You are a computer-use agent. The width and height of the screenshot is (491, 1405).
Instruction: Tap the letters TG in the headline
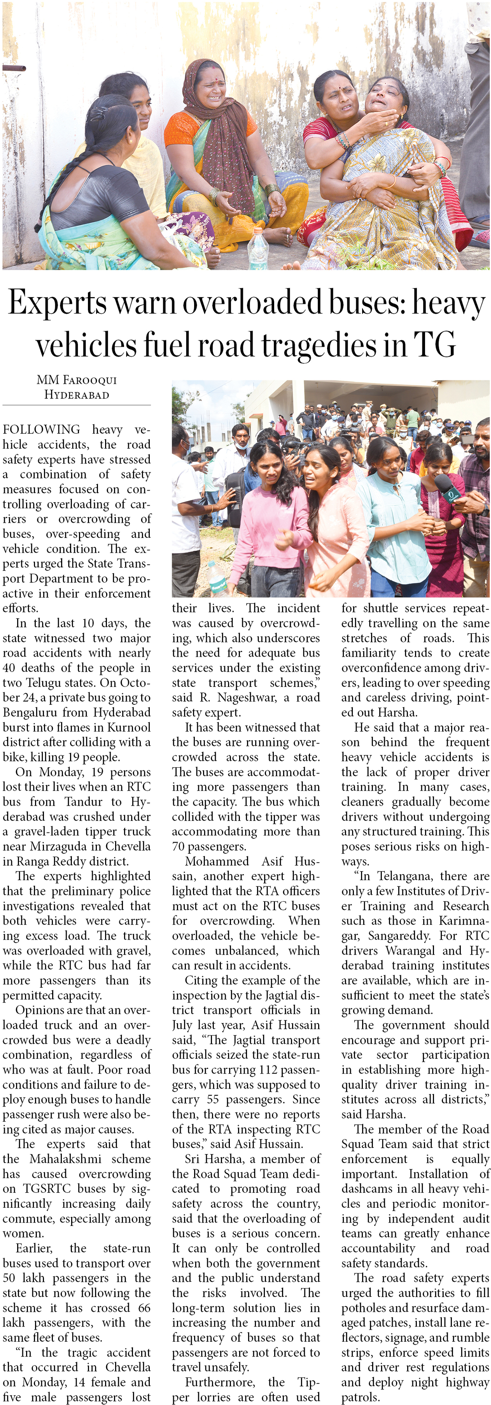coord(434,345)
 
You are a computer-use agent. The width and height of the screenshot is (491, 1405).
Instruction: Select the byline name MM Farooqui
coord(76,380)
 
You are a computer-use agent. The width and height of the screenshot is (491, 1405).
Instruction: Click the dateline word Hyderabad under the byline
coord(76,394)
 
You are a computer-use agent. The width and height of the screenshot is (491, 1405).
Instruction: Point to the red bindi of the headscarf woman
coord(215,80)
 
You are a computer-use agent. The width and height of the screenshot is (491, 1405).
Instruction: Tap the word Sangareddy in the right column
coord(401,936)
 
